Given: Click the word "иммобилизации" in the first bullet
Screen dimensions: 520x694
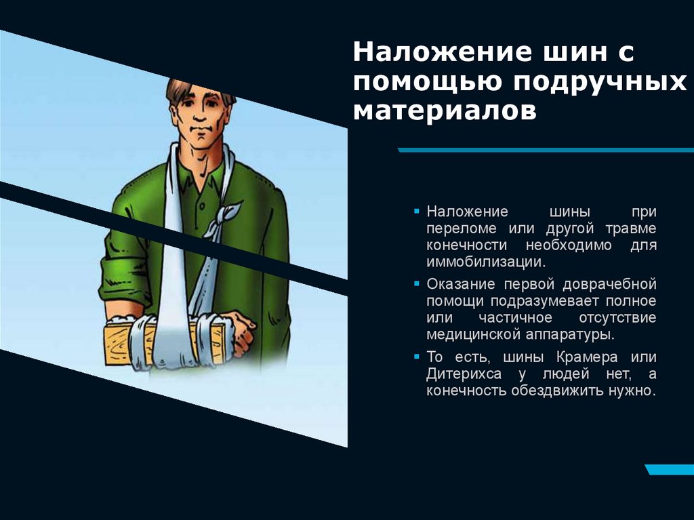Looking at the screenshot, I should click(484, 262).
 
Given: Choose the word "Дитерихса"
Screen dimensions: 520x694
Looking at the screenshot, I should click(464, 374).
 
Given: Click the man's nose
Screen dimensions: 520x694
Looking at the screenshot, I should click(201, 121).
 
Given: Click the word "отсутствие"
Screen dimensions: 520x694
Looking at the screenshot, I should click(617, 317).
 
